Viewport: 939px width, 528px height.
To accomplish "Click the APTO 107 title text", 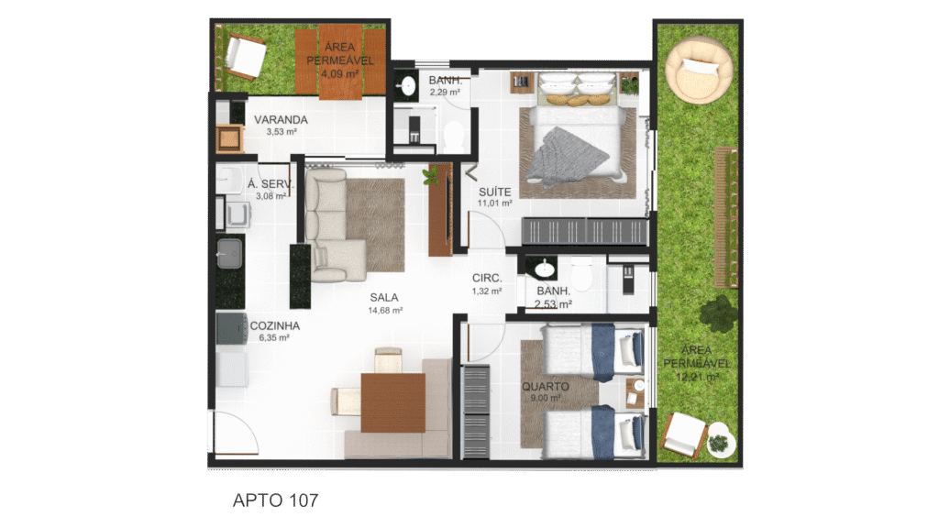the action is click(275, 500).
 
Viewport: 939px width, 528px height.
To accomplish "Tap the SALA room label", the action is click(384, 298).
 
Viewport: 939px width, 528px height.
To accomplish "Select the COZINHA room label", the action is click(275, 325).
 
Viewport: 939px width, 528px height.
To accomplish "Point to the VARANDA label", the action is click(281, 120).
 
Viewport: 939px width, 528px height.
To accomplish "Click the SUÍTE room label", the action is click(494, 192).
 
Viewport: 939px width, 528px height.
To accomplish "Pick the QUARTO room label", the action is click(545, 386).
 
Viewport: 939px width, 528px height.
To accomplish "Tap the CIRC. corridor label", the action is click(487, 279).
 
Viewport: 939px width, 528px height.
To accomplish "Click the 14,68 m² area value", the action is click(385, 310).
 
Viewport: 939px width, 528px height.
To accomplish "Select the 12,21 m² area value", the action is click(697, 377).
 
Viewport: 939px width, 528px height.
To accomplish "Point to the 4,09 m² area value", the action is click(339, 74).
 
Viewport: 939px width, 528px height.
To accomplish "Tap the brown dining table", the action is click(392, 402).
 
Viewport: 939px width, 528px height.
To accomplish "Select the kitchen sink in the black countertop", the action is click(229, 253).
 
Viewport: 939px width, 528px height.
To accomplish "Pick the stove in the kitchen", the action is click(232, 329).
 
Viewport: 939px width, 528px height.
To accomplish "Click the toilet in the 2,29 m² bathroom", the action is click(454, 136).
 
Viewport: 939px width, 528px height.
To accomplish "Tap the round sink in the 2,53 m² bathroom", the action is click(544, 269).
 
